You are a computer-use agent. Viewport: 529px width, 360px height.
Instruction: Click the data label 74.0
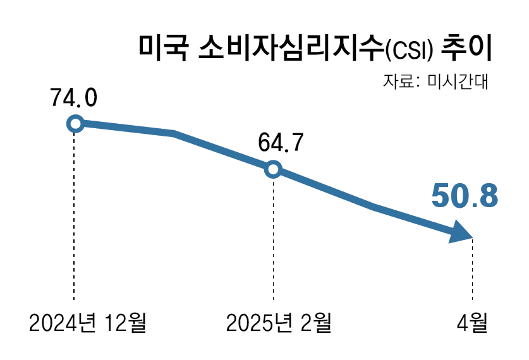coord(74,98)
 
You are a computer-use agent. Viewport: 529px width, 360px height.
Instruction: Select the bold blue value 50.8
coord(465,196)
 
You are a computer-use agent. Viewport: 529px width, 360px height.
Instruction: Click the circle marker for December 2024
coord(75,123)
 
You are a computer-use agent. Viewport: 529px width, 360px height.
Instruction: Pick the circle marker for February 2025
coord(273,169)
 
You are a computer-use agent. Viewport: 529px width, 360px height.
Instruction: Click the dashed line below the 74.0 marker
coord(75,215)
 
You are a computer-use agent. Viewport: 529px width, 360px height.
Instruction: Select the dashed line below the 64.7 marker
coord(273,240)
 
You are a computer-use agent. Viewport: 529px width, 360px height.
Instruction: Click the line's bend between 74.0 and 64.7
coord(174,133)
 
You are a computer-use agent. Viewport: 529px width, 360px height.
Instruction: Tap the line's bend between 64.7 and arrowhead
coord(373,206)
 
